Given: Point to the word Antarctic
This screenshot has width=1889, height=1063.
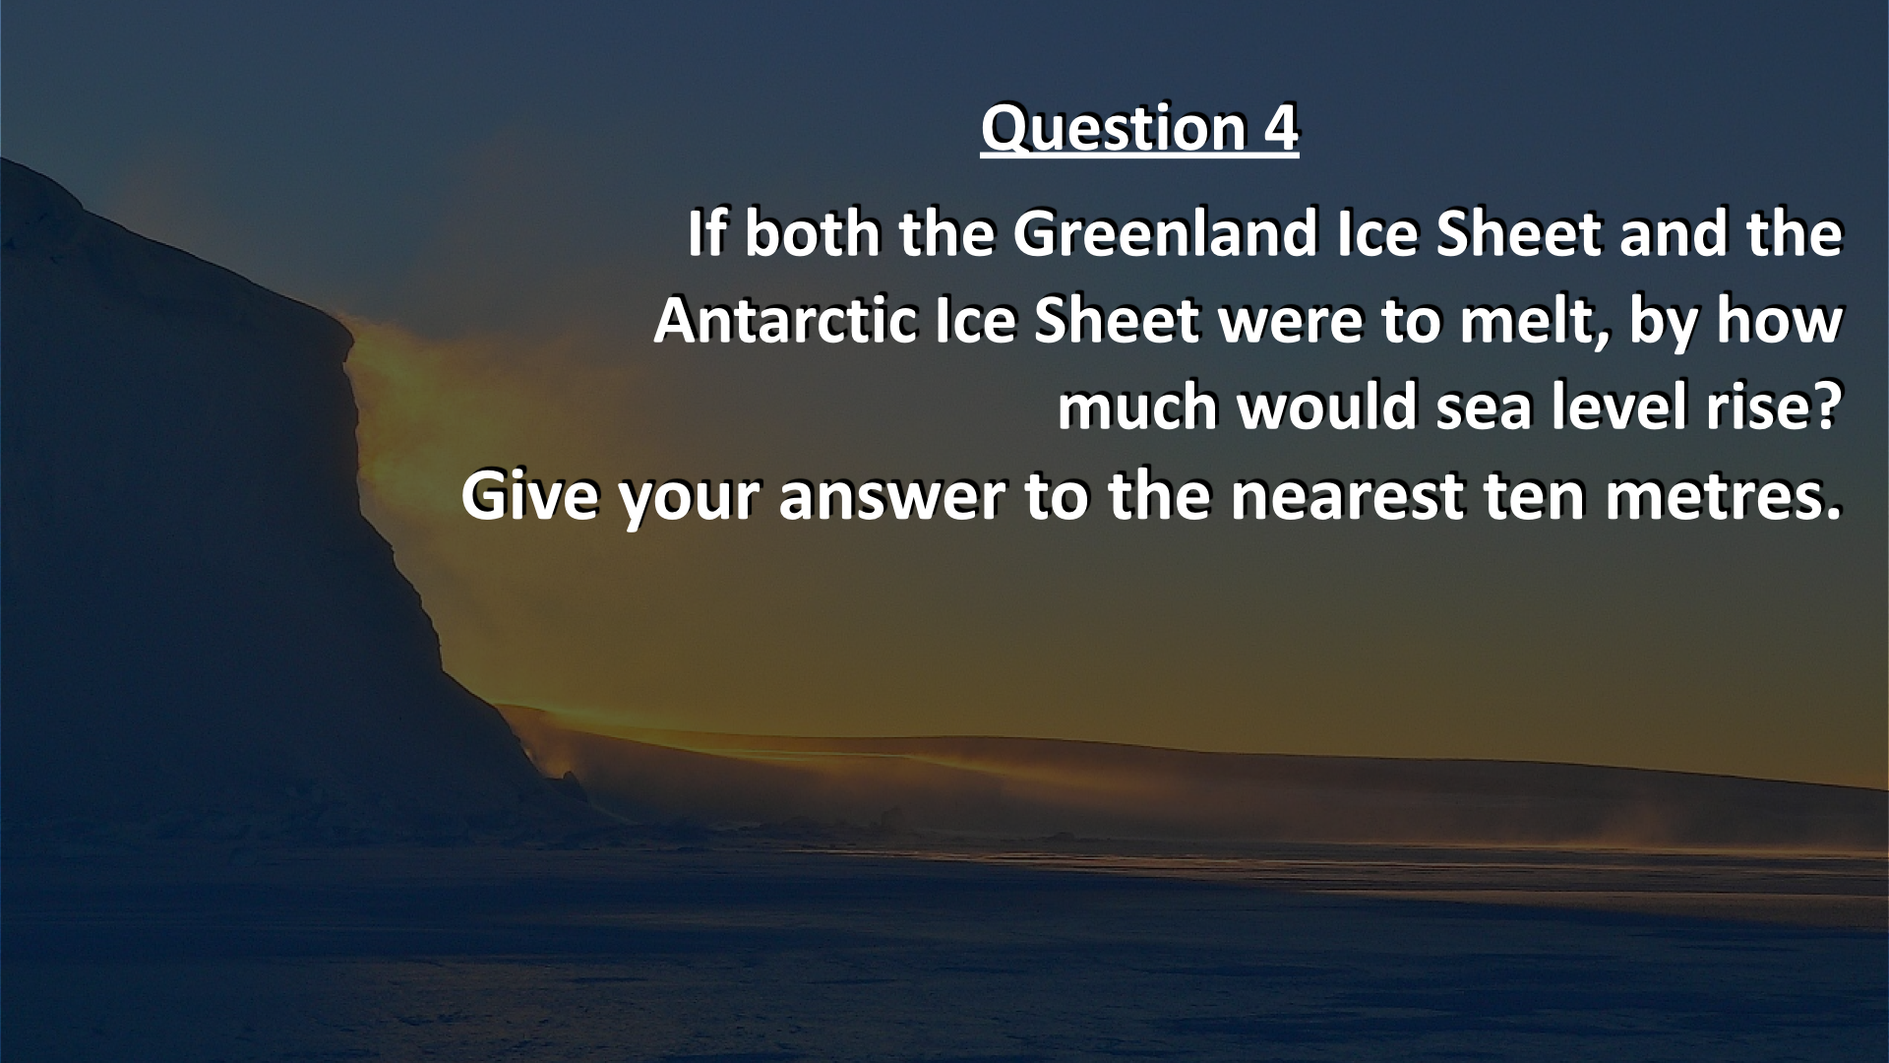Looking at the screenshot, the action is [x=786, y=322].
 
